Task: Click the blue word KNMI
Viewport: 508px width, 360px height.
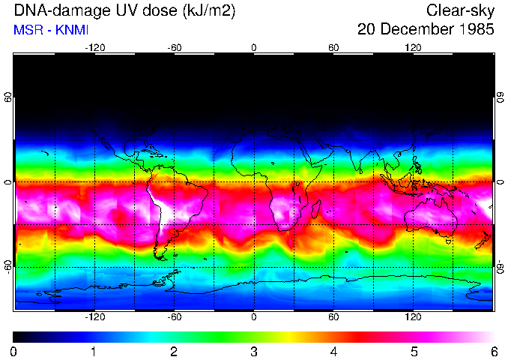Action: pyautogui.click(x=71, y=31)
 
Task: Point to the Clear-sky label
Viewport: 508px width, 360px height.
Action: pyautogui.click(x=460, y=11)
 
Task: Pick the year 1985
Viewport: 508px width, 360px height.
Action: pyautogui.click(x=475, y=30)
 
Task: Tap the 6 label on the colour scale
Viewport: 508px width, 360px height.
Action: pyautogui.click(x=493, y=351)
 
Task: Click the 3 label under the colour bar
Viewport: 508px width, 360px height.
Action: pyautogui.click(x=253, y=351)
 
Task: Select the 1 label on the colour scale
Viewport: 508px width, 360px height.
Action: pyautogui.click(x=94, y=351)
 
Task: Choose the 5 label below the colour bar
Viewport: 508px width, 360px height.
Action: pyautogui.click(x=413, y=351)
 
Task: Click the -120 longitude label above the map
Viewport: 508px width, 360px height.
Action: pyautogui.click(x=94, y=48)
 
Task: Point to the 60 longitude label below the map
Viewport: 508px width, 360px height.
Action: pyautogui.click(x=333, y=317)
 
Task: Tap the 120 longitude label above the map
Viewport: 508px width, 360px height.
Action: pyautogui.click(x=413, y=48)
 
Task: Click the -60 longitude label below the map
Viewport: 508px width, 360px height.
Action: pyautogui.click(x=174, y=317)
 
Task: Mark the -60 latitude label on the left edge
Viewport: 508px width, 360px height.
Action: pyautogui.click(x=7, y=266)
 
